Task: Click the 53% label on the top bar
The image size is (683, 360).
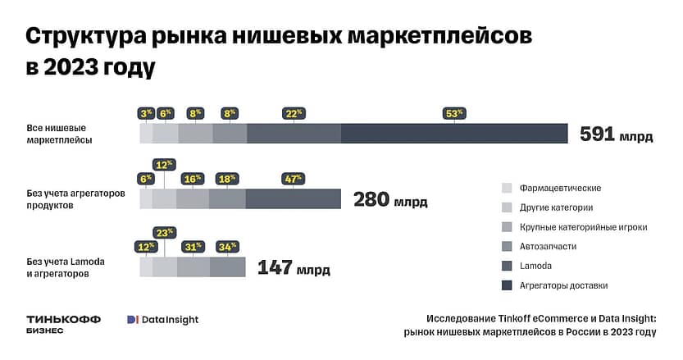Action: (453, 113)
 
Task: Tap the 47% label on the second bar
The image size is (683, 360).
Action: (293, 178)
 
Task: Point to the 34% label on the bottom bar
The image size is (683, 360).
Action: (227, 246)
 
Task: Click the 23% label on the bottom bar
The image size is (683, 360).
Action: (165, 233)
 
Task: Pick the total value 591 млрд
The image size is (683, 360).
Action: (616, 134)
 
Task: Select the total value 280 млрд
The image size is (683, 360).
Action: (389, 199)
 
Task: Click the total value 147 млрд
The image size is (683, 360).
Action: (294, 267)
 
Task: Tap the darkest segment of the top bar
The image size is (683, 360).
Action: (453, 134)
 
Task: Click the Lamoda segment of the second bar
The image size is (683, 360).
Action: (293, 198)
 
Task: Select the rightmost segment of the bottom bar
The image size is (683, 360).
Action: (227, 267)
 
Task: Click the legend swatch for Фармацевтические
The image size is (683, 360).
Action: (507, 188)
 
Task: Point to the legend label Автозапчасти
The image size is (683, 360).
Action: (548, 246)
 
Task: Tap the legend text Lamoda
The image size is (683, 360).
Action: (535, 266)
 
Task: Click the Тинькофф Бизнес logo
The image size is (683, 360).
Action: (64, 323)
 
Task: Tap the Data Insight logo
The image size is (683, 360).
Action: (162, 320)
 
